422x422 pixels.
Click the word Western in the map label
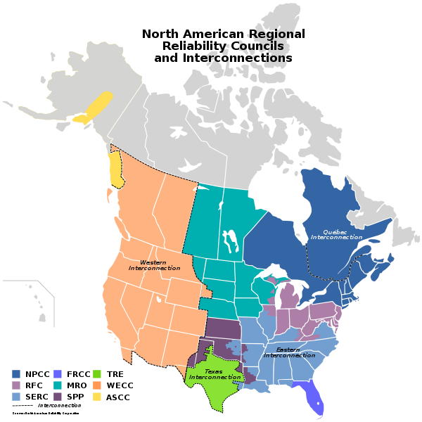(x=153, y=262)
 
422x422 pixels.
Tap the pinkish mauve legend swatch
(x=16, y=385)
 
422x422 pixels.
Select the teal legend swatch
(x=58, y=385)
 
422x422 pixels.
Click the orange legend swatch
(x=97, y=385)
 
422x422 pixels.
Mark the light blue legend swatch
(x=16, y=397)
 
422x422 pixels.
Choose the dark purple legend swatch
(x=58, y=397)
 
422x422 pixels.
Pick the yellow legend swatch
(x=97, y=397)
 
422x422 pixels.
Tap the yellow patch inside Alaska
(x=93, y=108)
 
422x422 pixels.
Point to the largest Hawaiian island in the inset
(x=43, y=318)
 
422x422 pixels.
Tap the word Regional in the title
(x=273, y=34)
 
